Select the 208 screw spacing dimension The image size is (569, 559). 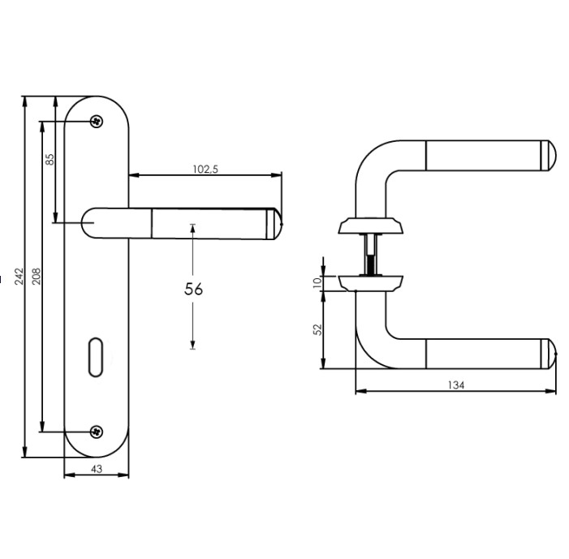[x=37, y=275]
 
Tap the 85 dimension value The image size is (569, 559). [x=50, y=158]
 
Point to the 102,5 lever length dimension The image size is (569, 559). [x=205, y=169]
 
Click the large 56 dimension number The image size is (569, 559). [x=193, y=289]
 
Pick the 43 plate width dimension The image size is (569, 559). [x=97, y=468]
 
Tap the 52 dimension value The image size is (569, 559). [x=318, y=329]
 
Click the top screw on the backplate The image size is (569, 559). [x=97, y=122]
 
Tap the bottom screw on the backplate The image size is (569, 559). [x=97, y=431]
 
